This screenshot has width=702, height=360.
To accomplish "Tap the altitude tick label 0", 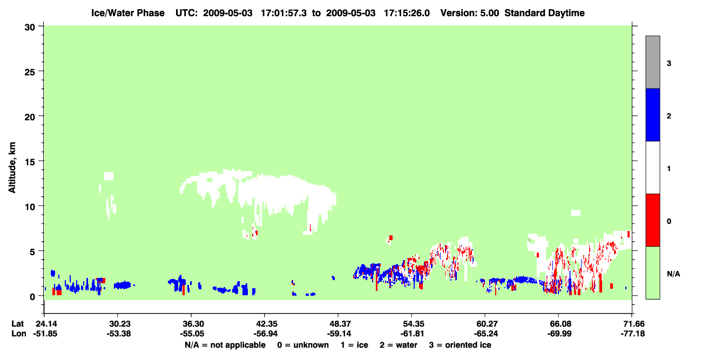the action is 32,297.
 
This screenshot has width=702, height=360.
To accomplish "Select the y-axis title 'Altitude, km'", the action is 12,167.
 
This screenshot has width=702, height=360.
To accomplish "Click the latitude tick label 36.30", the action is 193,324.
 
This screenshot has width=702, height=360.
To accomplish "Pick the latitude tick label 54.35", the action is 414,324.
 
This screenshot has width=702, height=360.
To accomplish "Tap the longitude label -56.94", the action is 266,334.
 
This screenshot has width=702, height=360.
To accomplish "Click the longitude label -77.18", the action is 633,334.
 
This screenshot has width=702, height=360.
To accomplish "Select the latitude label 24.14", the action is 46,324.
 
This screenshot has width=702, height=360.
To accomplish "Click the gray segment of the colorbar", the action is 653,62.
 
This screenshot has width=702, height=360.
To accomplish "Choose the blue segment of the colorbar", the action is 653,114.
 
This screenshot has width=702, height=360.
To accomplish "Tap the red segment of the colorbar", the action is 653,220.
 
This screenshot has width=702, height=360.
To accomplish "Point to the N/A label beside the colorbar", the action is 673,274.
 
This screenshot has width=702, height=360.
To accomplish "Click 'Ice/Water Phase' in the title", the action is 128,13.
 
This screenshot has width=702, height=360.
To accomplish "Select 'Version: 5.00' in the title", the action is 469,13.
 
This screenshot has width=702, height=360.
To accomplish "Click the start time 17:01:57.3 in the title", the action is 283,13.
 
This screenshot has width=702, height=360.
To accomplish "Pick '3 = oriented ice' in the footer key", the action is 460,345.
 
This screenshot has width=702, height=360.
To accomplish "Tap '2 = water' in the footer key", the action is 399,345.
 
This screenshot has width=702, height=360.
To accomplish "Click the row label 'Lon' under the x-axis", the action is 19,334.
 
